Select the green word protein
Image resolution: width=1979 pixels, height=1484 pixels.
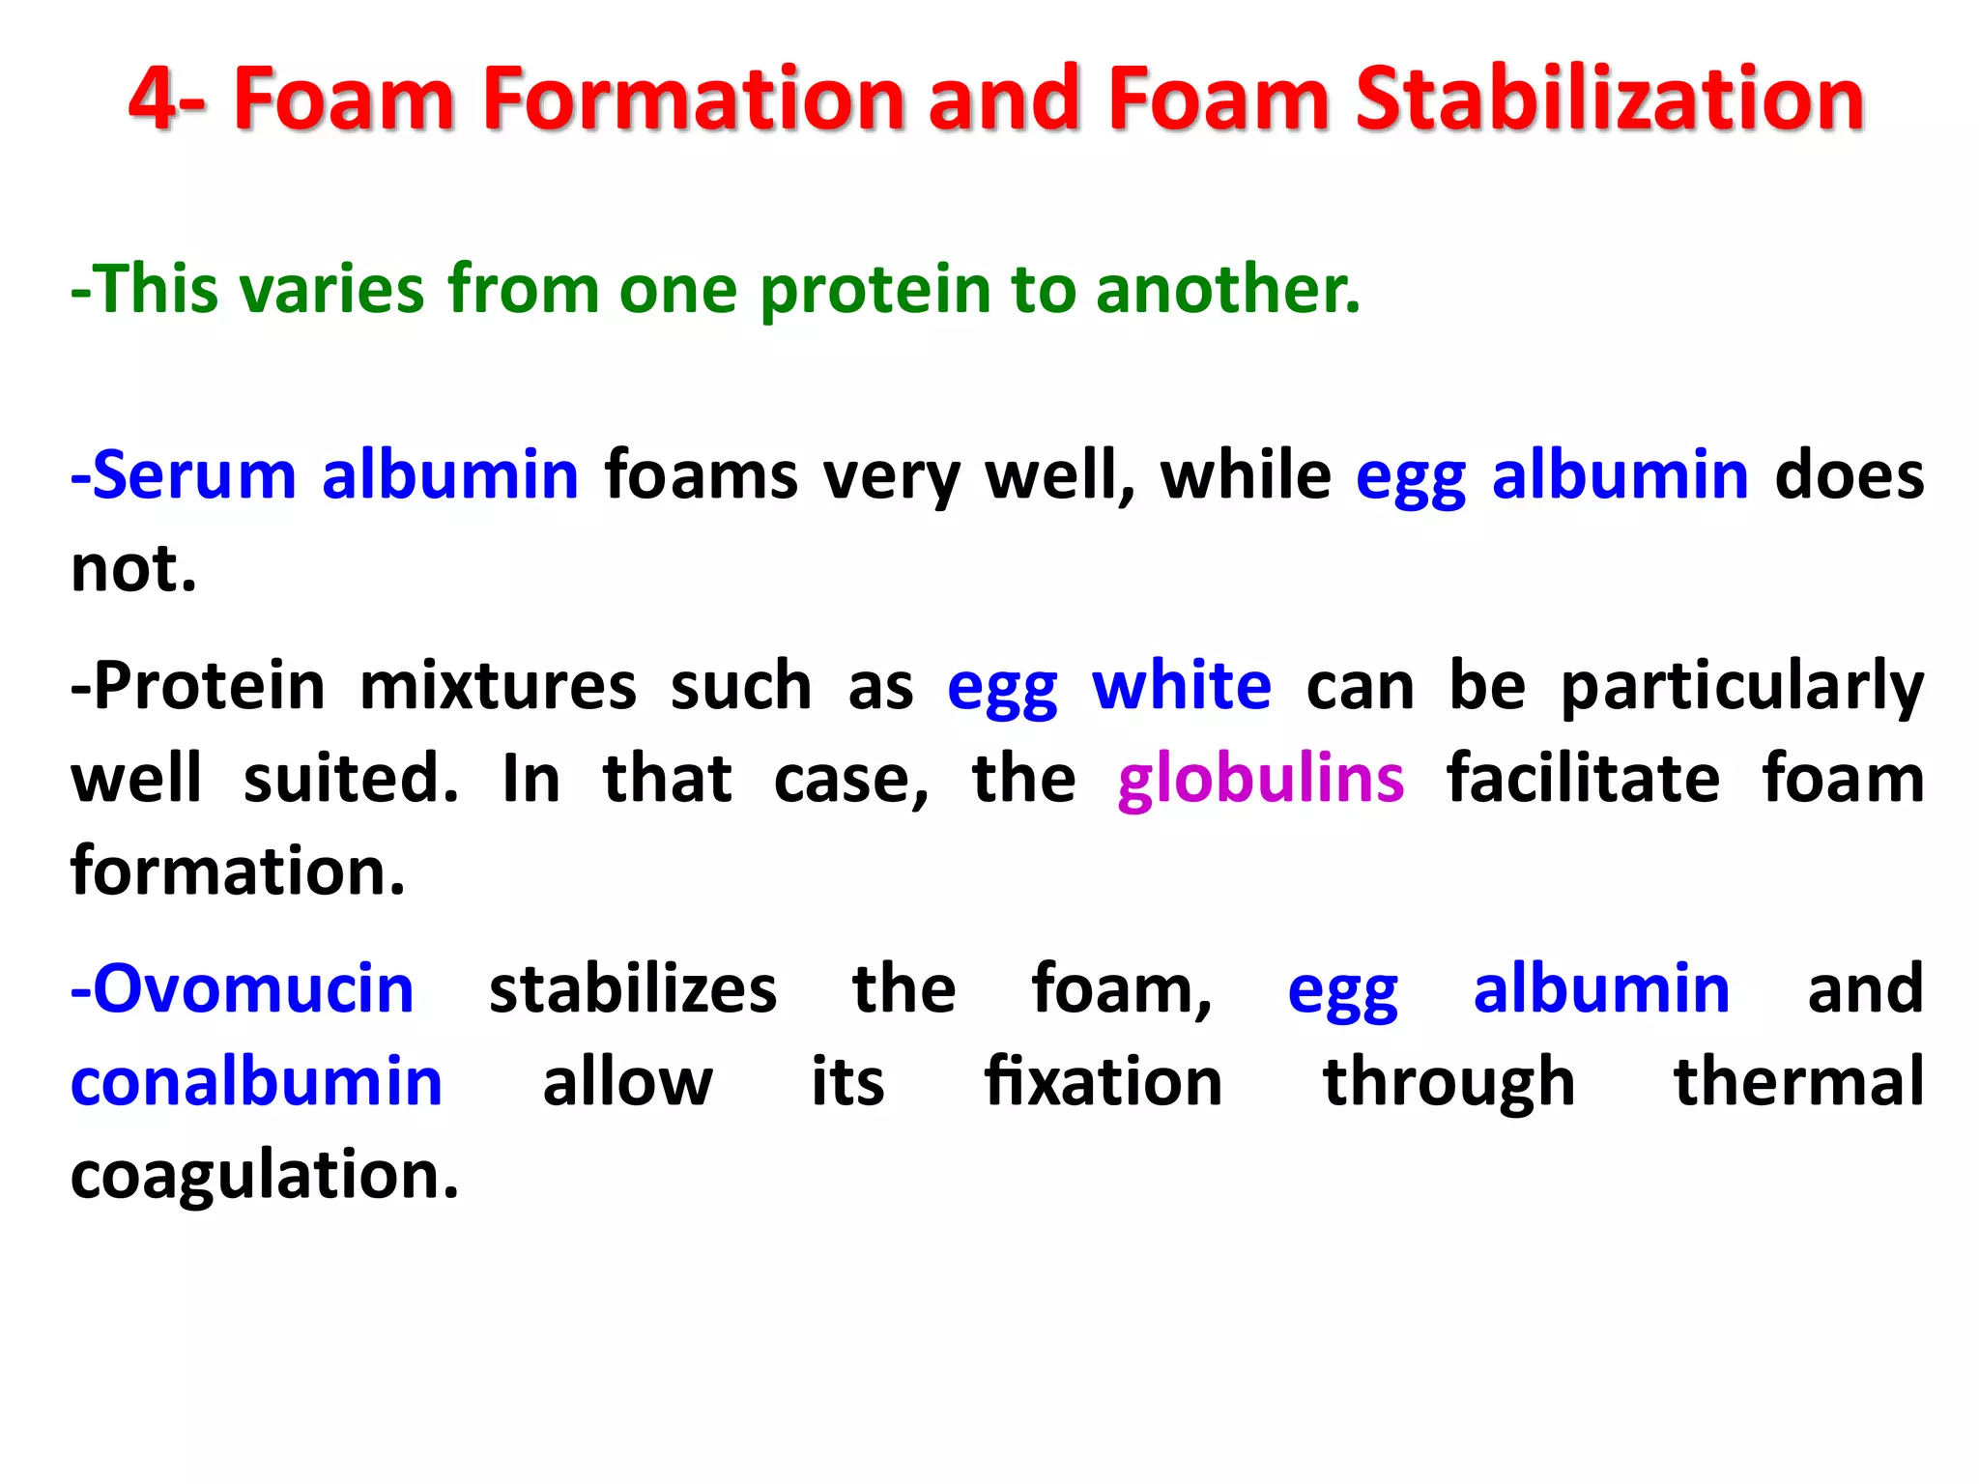875,290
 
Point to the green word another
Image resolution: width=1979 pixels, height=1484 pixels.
1227,290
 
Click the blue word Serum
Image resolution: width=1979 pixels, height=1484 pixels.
193,475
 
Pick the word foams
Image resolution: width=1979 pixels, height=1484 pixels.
702,475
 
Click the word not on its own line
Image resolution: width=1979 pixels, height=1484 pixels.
133,569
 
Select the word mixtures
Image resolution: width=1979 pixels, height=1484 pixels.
498,686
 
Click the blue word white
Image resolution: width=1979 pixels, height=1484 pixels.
1181,686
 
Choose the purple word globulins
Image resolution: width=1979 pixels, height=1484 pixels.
1260,779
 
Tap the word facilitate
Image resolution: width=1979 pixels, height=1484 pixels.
1582,779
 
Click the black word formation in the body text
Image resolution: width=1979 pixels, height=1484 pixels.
237,871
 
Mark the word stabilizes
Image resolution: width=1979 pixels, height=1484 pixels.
633,989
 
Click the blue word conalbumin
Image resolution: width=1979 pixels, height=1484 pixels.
257,1082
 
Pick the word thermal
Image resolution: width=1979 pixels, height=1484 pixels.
1798,1082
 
